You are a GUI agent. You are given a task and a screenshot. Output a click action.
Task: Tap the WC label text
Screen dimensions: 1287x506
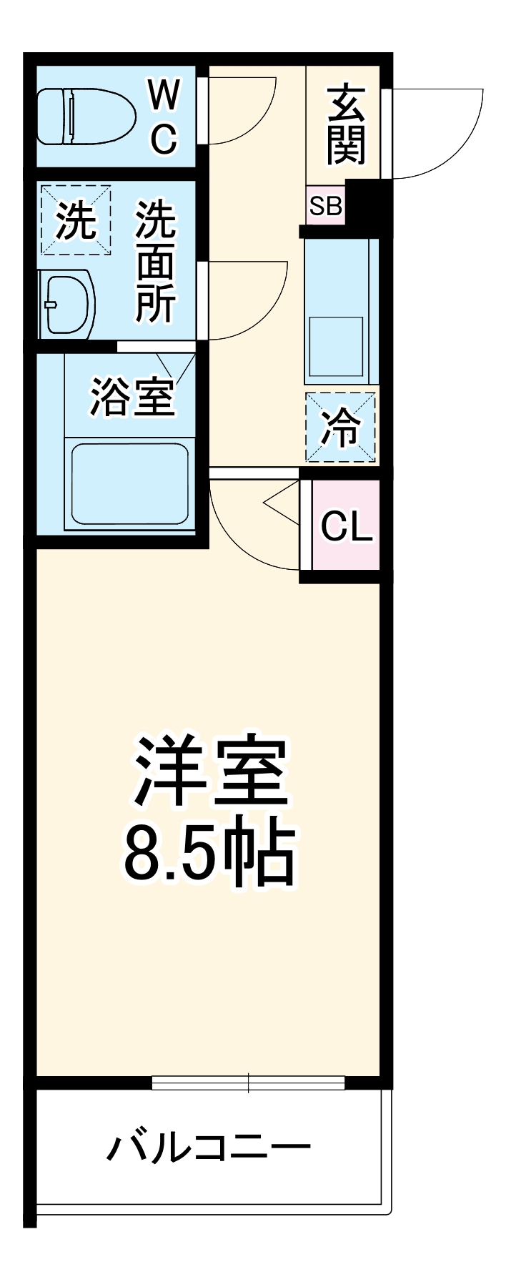click(x=164, y=117)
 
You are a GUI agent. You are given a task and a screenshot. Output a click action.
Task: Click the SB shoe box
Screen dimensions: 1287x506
click(x=325, y=206)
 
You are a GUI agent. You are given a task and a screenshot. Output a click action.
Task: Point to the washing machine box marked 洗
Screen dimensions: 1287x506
click(x=76, y=220)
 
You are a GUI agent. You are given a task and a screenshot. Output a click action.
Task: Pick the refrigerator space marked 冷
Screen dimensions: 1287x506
click(x=340, y=428)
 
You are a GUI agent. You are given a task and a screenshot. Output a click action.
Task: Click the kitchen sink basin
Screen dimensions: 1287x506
click(x=335, y=345)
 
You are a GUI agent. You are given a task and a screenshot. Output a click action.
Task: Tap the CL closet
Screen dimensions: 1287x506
click(x=346, y=526)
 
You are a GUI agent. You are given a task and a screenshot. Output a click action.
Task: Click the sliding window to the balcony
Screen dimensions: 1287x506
click(x=248, y=1083)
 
